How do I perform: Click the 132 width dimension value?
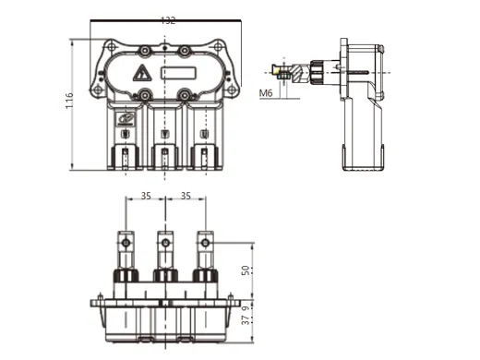coord(167,20)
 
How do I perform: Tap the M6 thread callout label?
coord(266,92)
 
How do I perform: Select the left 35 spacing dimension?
coord(146,197)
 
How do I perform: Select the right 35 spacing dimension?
coord(185,197)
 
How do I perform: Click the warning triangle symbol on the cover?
coord(141,72)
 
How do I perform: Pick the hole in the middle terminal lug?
coord(165,243)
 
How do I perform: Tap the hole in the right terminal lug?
coord(205,243)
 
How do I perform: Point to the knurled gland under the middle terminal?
coord(165,275)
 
